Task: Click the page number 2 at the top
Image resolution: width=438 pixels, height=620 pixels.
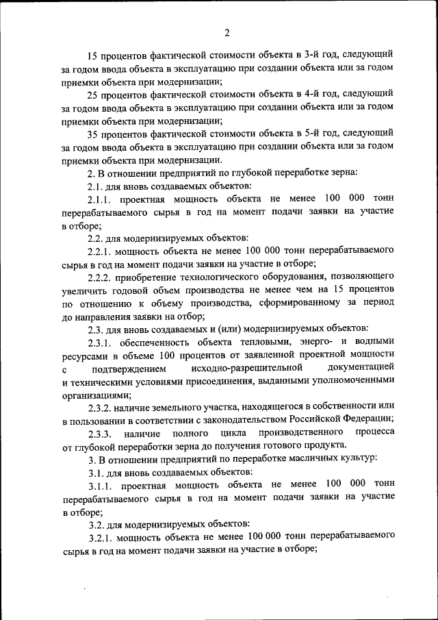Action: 227,32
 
